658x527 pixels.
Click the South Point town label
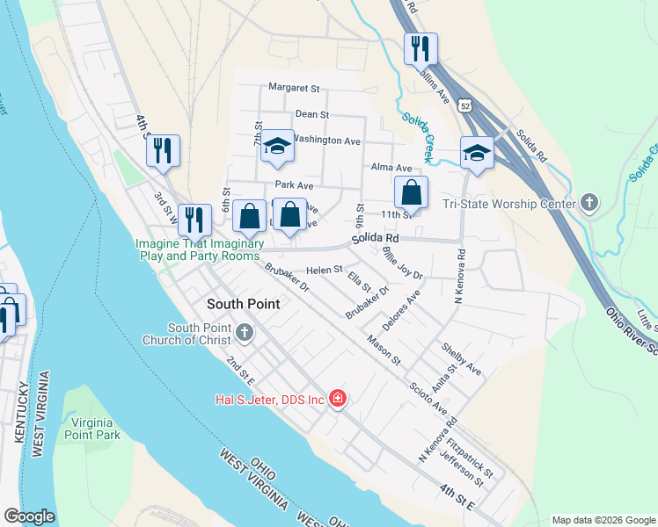[x=243, y=304]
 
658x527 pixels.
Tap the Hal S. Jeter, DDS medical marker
[x=338, y=400]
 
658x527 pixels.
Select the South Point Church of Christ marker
[x=245, y=333]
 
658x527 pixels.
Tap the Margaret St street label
[x=294, y=88]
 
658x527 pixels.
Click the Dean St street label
[x=311, y=114]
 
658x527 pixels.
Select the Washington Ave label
[x=326, y=140]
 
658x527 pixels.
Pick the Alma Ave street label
[x=391, y=168]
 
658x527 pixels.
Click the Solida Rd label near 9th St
[x=376, y=238]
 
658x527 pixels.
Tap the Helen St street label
[x=324, y=270]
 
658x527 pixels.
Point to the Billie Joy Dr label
[x=403, y=263]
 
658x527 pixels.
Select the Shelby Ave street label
[x=462, y=357]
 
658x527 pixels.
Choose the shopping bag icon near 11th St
[x=411, y=192]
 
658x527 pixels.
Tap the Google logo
[x=29, y=516]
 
